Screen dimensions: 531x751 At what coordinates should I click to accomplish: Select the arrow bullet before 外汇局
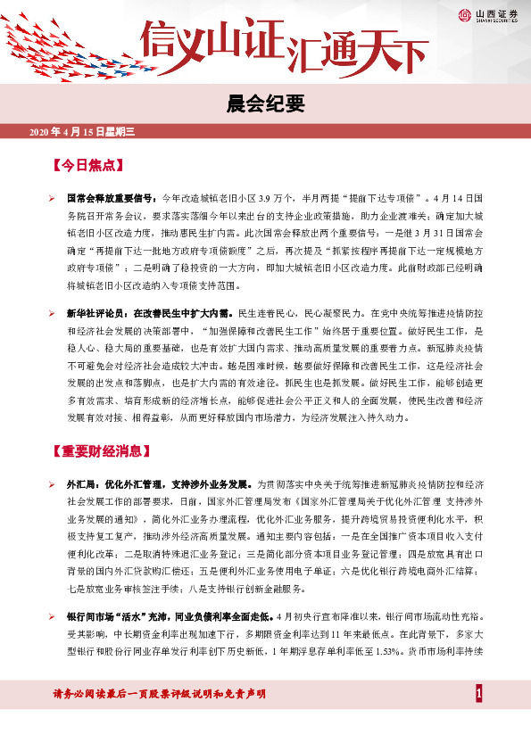(x=53, y=483)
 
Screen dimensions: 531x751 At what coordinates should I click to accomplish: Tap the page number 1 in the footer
(x=479, y=694)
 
